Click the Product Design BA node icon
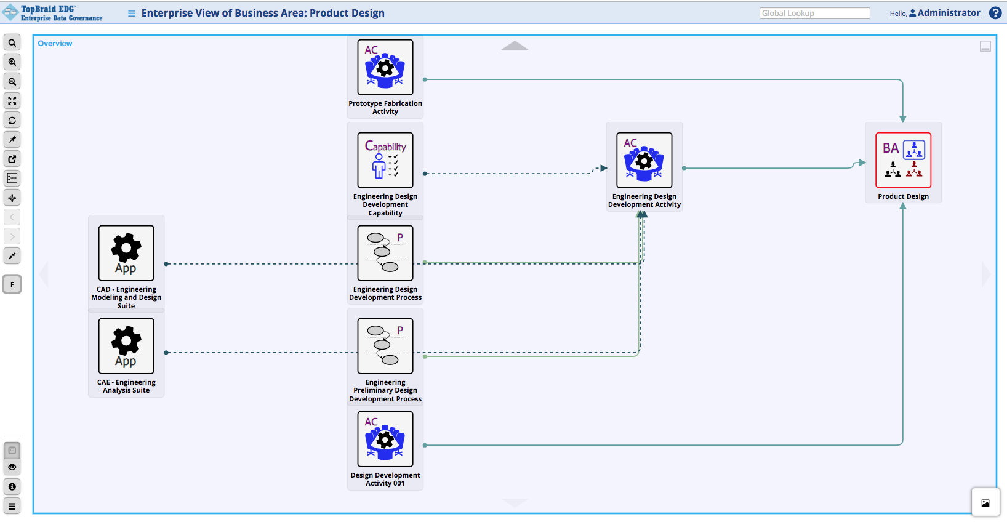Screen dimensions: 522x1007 pyautogui.click(x=903, y=160)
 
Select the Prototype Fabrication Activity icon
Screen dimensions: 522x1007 pyautogui.click(x=385, y=67)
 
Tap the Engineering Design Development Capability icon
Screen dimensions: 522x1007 pyautogui.click(x=385, y=160)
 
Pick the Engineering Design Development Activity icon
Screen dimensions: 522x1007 pyautogui.click(x=644, y=160)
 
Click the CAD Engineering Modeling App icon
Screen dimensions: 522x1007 pyautogui.click(x=126, y=253)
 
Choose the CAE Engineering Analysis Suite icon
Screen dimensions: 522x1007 pyautogui.click(x=126, y=346)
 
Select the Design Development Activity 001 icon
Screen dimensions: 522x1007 pyautogui.click(x=385, y=439)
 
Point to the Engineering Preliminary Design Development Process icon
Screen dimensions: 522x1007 pyautogui.click(x=385, y=346)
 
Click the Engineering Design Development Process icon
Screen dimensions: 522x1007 pyautogui.click(x=385, y=253)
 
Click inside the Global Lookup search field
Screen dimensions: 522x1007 pyautogui.click(x=814, y=13)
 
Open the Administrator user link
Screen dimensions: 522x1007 pyautogui.click(x=949, y=13)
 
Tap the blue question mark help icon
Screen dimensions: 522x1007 pyautogui.click(x=995, y=13)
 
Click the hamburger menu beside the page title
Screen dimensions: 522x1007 pyautogui.click(x=132, y=13)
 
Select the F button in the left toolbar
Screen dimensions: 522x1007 pyautogui.click(x=12, y=284)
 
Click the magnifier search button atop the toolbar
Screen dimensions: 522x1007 pyautogui.click(x=12, y=42)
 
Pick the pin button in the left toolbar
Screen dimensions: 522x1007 pyautogui.click(x=12, y=139)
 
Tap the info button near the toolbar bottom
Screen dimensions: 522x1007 pyautogui.click(x=12, y=487)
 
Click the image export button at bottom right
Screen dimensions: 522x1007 pyautogui.click(x=985, y=503)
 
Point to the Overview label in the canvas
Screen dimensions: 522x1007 pyautogui.click(x=55, y=44)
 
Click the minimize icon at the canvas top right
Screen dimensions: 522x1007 pyautogui.click(x=985, y=46)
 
